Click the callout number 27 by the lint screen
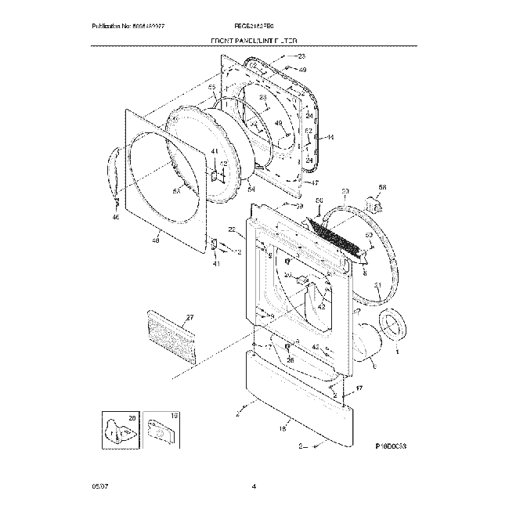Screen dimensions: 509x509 coord(189,318)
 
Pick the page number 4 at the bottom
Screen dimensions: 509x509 coord(254,488)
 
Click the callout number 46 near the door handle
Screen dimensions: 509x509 coord(115,216)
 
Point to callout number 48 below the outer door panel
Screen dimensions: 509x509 coord(154,241)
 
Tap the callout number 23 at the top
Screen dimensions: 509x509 coord(301,57)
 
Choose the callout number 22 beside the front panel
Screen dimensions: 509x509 coord(232,229)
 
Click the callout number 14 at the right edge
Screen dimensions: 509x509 coord(330,138)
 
